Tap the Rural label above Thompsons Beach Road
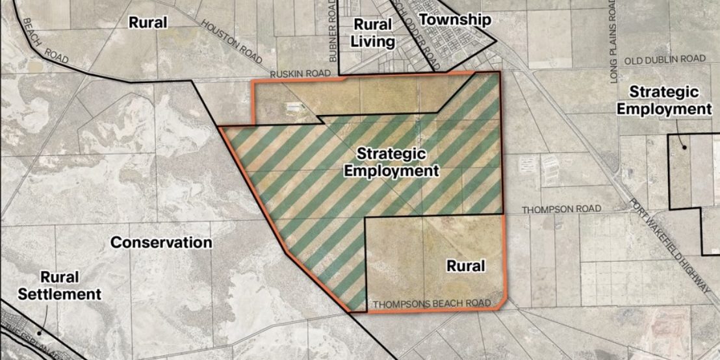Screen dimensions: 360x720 [x=466, y=266]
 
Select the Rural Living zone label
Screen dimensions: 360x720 [x=372, y=33]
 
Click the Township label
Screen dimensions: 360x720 [x=454, y=19]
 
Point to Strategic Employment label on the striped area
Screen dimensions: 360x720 [x=391, y=162]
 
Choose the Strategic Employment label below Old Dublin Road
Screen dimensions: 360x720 [x=663, y=101]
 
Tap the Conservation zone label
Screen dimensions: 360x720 [x=161, y=242]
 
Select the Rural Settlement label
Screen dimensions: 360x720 [x=59, y=286]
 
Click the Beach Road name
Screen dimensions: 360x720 [x=45, y=40]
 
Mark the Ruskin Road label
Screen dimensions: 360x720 [x=301, y=73]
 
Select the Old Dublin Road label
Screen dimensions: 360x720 [x=665, y=59]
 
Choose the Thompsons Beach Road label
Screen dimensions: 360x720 [x=430, y=303]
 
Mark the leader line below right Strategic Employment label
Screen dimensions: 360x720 [x=680, y=135]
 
